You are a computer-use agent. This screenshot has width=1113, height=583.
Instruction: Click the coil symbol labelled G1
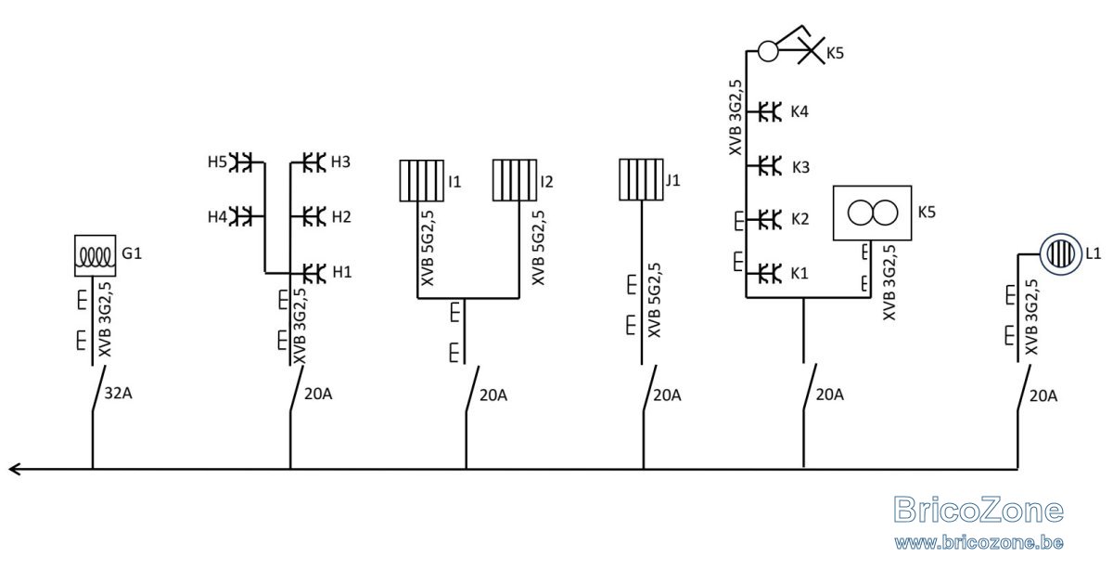click(x=95, y=255)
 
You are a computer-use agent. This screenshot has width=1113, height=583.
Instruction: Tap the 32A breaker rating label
click(x=119, y=394)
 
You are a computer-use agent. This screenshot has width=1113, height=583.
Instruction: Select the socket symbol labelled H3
click(x=314, y=162)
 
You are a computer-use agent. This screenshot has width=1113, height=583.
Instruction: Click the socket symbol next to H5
click(x=241, y=162)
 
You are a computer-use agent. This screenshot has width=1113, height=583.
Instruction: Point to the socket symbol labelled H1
click(x=314, y=273)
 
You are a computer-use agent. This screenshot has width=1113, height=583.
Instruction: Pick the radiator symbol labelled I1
click(x=421, y=181)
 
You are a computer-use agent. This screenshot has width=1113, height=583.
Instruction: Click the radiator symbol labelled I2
click(x=514, y=180)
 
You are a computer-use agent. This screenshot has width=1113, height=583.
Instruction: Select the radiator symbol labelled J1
click(x=641, y=179)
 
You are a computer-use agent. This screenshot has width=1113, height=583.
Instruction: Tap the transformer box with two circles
click(x=872, y=213)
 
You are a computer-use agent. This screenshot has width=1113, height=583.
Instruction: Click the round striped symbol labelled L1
click(x=1060, y=254)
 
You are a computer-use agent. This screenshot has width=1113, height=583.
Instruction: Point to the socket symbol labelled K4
click(x=769, y=112)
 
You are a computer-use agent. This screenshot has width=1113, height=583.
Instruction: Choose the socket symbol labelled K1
click(x=769, y=274)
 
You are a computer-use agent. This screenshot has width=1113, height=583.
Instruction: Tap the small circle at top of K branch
click(x=768, y=51)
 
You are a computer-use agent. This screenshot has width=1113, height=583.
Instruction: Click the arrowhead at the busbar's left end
click(x=14, y=469)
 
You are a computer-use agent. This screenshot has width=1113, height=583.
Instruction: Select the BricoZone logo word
click(x=979, y=510)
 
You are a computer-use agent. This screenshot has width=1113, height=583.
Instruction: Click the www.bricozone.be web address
click(x=979, y=542)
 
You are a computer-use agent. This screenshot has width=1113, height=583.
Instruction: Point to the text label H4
click(x=217, y=217)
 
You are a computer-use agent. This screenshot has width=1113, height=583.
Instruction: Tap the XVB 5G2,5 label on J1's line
click(x=655, y=300)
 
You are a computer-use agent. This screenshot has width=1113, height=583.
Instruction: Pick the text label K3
click(x=800, y=167)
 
